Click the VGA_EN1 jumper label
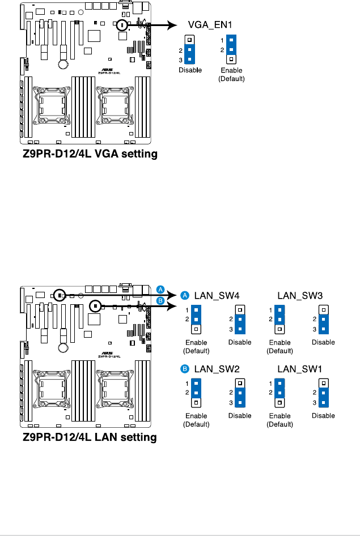pyautogui.click(x=210, y=25)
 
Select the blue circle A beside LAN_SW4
pyautogui.click(x=185, y=295)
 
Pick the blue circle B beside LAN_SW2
pyautogui.click(x=185, y=369)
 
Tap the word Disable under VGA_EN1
pyautogui.click(x=190, y=70)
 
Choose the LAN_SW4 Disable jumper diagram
pyautogui.click(x=240, y=320)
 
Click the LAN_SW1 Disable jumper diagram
pyautogui.click(x=323, y=393)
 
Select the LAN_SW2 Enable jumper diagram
pyautogui.click(x=196, y=393)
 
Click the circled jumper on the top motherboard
pyautogui.click(x=122, y=25)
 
